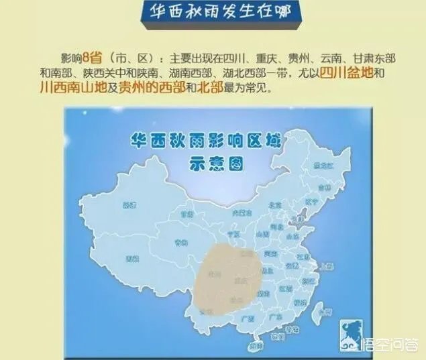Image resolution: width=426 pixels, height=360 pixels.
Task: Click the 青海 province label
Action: click(x=180, y=242)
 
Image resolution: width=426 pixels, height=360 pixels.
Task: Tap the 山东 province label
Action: click(x=292, y=236)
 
